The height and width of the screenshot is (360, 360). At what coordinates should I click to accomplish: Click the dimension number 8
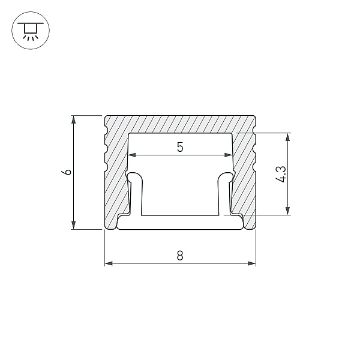pyautogui.click(x=180, y=256)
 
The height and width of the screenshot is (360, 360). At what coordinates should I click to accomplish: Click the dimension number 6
pyautogui.click(x=67, y=172)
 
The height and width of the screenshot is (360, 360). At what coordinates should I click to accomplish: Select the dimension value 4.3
pyautogui.click(x=281, y=174)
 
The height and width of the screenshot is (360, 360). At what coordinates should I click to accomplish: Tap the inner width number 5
pyautogui.click(x=180, y=147)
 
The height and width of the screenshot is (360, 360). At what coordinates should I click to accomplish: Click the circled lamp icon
pyautogui.click(x=31, y=31)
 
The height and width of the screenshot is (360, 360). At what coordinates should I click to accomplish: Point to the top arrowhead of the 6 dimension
pyautogui.click(x=73, y=119)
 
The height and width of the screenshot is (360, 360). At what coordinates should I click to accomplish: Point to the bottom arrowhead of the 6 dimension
pyautogui.click(x=73, y=225)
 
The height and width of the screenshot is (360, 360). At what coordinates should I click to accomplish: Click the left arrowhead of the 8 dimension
pyautogui.click(x=109, y=263)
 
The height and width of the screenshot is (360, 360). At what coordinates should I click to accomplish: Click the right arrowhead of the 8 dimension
pyautogui.click(x=251, y=263)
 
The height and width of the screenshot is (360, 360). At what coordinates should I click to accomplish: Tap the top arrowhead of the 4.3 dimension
pyautogui.click(x=287, y=137)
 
